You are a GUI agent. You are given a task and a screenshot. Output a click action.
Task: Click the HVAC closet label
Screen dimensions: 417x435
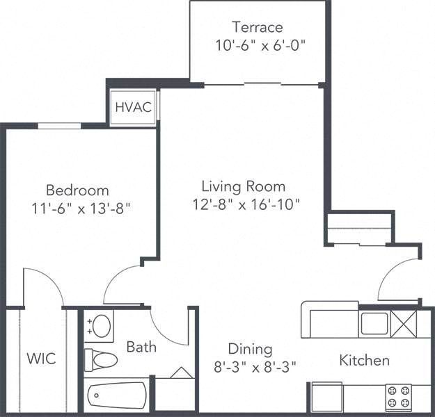(134, 107)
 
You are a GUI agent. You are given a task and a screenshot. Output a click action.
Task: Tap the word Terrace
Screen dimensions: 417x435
(258, 28)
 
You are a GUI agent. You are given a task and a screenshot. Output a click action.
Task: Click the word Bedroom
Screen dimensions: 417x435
(77, 190)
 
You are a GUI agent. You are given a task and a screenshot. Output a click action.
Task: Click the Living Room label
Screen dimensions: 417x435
(243, 186)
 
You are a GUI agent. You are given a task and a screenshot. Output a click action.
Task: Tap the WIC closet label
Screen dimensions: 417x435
(41, 359)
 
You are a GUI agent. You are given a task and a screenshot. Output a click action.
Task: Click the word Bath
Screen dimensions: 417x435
(141, 347)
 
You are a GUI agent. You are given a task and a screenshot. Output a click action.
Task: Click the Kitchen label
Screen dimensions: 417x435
(364, 360)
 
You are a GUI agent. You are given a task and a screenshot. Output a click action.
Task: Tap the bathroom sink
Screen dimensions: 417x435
(102, 325)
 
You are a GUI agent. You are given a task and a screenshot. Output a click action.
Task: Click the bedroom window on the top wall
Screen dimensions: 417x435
(60, 126)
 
